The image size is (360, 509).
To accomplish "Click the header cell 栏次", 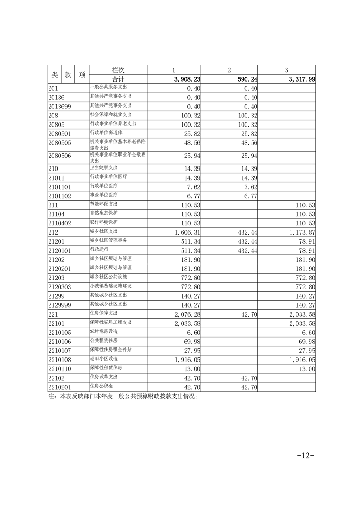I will point(118,70).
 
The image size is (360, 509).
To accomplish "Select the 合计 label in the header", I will point(118,79).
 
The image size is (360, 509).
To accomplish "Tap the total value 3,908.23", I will point(187,79).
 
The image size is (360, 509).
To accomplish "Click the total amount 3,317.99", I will point(301,79).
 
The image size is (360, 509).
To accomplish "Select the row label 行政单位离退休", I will point(108,132).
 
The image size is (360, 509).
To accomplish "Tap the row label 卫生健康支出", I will point(104,168).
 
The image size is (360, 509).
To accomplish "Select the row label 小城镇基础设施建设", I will point(111,286).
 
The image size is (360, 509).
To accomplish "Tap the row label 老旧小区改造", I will point(104,359).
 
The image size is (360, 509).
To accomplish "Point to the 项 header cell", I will point(82,74).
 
